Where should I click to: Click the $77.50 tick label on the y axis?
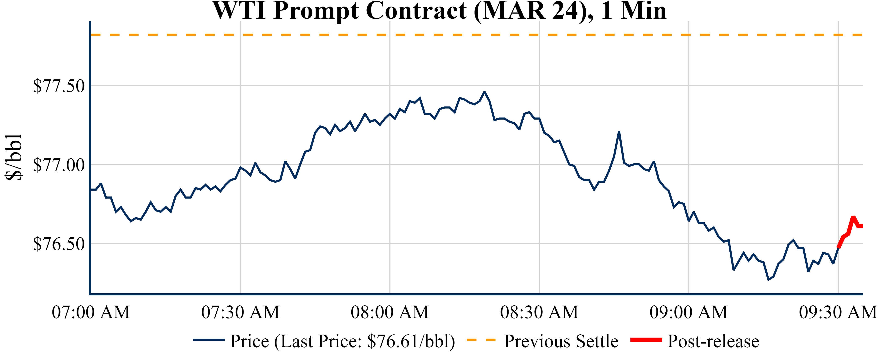pos(59,86)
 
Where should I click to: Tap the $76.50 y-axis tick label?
pos(59,244)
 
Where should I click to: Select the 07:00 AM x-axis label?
pos(91,312)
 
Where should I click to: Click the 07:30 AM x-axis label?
pos(240,312)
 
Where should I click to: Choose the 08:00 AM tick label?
pos(390,312)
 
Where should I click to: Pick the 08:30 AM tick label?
pos(539,312)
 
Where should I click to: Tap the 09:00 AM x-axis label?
pos(689,312)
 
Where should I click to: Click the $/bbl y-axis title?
pos(14,157)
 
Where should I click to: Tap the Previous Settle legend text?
pos(561,341)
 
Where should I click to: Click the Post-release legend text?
pos(713,341)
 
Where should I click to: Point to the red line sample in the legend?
pos(646,340)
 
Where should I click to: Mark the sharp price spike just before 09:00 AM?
pos(619,132)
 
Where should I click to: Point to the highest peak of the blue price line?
pos(484,92)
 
